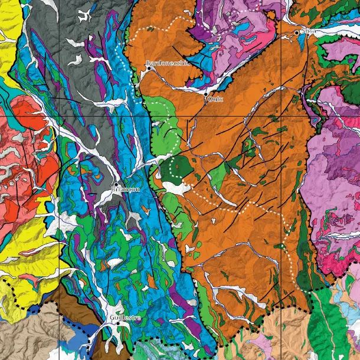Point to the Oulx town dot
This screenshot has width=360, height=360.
tap(205, 94)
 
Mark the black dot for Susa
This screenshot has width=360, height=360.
tap(297, 32)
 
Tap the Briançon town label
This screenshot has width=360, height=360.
tap(126, 189)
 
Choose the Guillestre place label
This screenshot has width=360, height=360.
tap(125, 318)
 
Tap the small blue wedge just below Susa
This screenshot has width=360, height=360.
tap(301, 41)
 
